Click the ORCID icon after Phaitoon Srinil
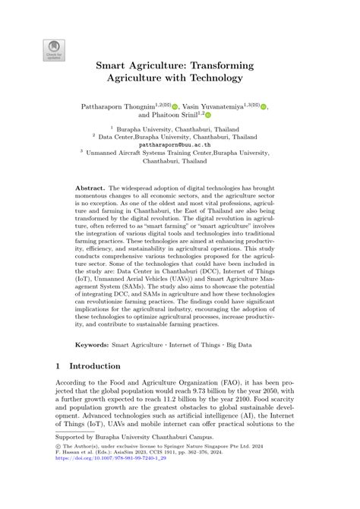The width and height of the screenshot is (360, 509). pyautogui.click(x=208, y=116)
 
